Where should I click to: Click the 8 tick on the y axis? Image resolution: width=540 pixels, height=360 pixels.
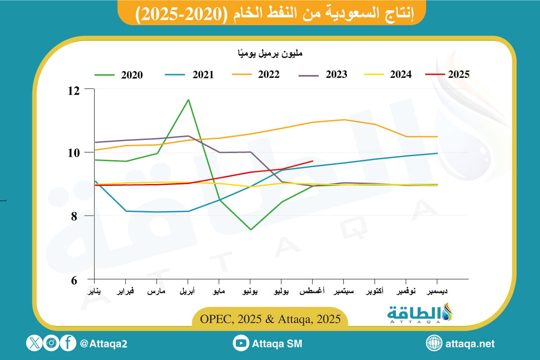click(x=77, y=216)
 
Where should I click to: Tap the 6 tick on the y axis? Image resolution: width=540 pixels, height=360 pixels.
click(x=77, y=279)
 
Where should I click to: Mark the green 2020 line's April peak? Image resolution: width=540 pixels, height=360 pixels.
click(x=188, y=99)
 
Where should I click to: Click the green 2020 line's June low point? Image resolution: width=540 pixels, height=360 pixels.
click(x=250, y=229)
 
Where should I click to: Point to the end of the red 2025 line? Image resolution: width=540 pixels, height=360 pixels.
click(x=313, y=161)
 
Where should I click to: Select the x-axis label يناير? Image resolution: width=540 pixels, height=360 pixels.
click(x=94, y=291)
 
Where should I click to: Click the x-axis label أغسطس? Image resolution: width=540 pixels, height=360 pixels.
click(x=313, y=291)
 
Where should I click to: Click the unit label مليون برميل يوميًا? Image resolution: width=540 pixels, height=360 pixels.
click(x=270, y=54)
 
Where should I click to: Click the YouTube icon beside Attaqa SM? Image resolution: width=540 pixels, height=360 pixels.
click(x=241, y=344)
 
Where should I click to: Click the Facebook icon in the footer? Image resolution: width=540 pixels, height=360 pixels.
click(x=68, y=344)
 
